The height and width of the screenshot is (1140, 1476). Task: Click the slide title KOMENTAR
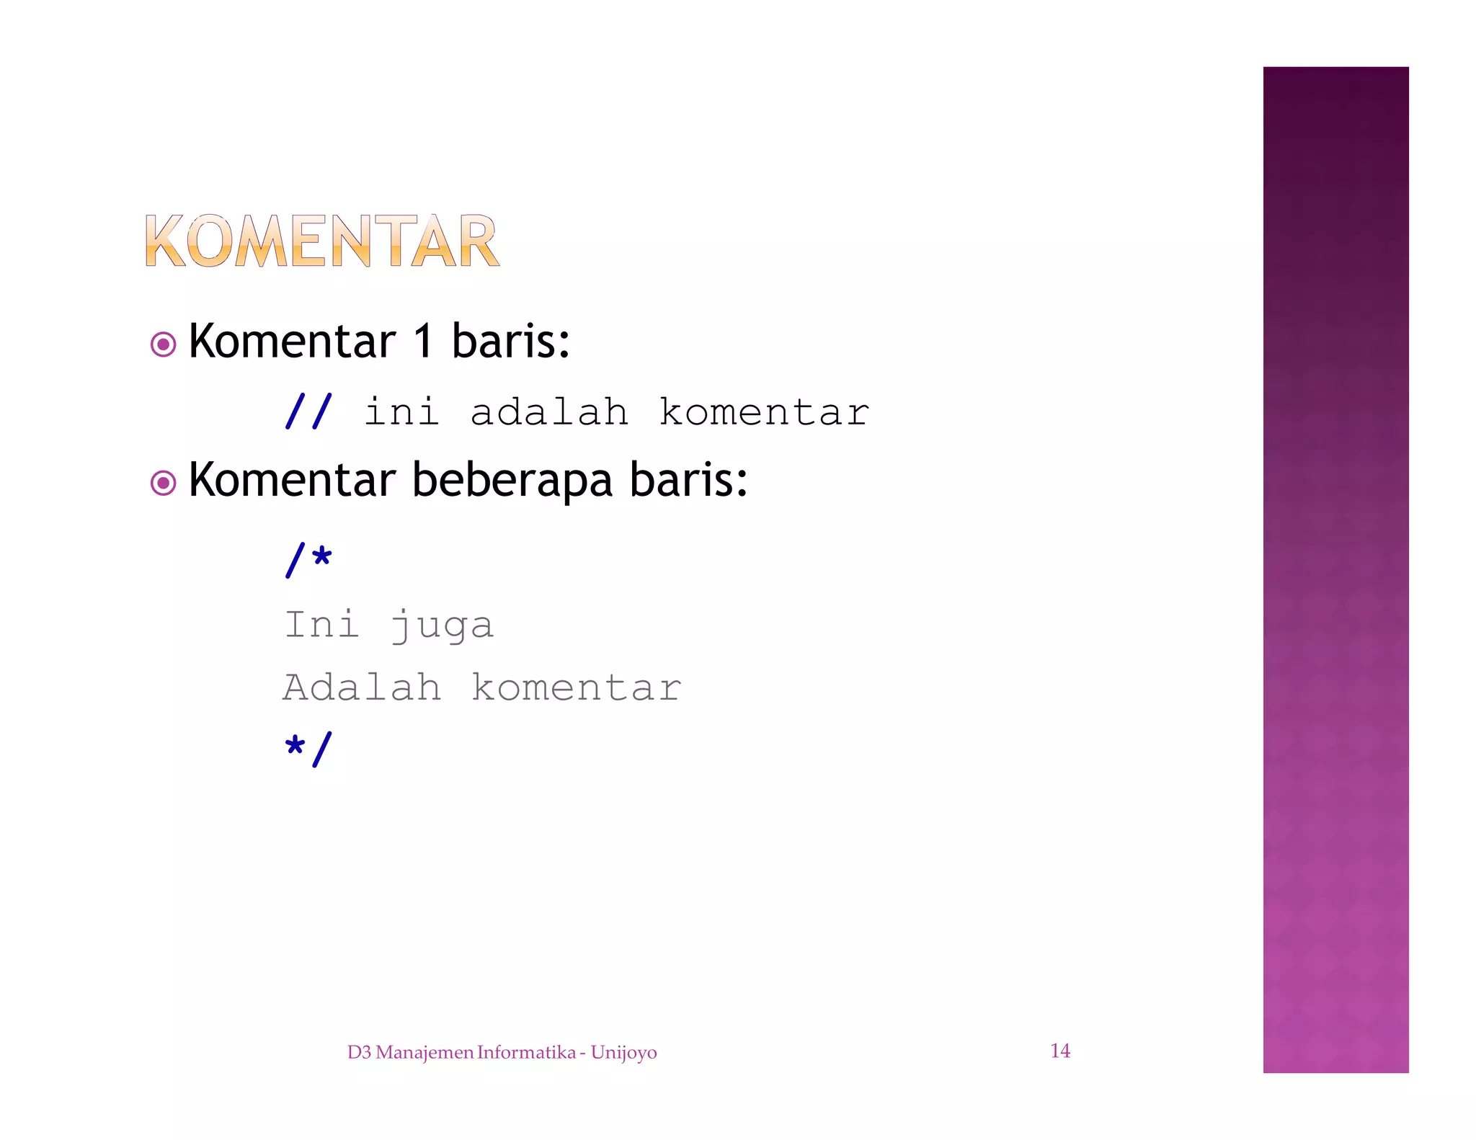point(321,241)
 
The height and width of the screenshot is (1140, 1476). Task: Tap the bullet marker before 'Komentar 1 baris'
point(164,344)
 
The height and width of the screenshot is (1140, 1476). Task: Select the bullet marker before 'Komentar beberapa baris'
point(164,483)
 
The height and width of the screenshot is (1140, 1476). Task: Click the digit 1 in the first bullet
point(423,341)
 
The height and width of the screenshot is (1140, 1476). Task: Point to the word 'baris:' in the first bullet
point(510,341)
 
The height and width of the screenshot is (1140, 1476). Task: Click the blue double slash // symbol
point(308,411)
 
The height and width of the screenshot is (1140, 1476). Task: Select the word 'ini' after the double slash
point(401,412)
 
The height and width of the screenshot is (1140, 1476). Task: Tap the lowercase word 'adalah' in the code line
point(549,412)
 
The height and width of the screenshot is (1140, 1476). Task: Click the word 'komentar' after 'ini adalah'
point(764,412)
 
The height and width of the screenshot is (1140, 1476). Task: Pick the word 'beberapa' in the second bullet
point(512,481)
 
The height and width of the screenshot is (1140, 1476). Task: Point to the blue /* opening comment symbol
point(308,560)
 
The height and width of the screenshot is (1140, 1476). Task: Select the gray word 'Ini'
point(321,624)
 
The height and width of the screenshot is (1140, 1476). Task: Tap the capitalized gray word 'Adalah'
point(362,687)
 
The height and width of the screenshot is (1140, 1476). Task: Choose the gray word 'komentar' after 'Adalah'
point(576,687)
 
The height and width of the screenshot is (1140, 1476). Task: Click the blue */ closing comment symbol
point(308,749)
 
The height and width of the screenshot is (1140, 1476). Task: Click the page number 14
point(1060,1051)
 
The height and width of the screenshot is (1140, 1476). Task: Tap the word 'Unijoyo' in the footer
point(623,1053)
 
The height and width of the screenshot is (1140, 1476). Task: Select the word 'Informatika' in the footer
point(527,1052)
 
